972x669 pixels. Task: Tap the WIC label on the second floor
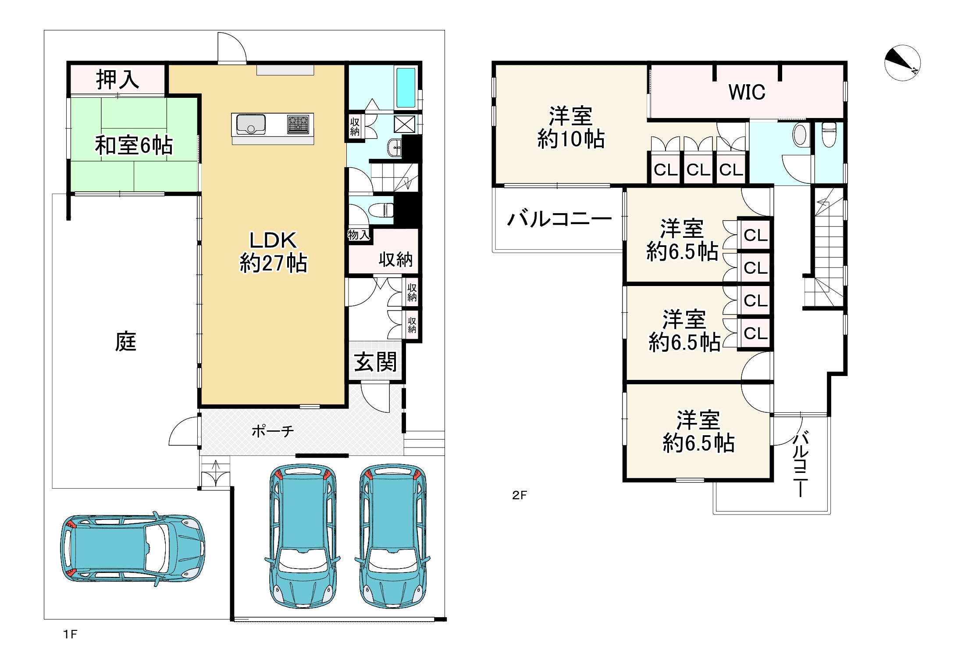click(747, 92)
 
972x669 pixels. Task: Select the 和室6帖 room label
click(134, 145)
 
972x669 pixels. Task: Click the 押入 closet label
click(117, 79)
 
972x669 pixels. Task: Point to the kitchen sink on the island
click(251, 124)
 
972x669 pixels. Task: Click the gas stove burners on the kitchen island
click(298, 124)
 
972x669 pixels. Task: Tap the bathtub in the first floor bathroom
click(405, 88)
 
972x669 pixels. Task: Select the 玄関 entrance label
click(375, 362)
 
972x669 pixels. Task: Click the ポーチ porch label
click(273, 431)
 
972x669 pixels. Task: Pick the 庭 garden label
click(126, 342)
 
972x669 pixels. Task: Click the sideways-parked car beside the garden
click(132, 549)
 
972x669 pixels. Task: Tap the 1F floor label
click(70, 634)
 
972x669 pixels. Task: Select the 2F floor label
click(520, 495)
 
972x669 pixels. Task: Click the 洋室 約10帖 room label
click(571, 127)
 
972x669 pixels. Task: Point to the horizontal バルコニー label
click(559, 218)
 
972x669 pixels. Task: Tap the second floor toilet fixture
click(829, 134)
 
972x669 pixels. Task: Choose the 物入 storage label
click(359, 235)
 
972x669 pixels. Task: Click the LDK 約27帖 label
click(273, 252)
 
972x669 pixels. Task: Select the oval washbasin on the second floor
click(800, 134)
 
